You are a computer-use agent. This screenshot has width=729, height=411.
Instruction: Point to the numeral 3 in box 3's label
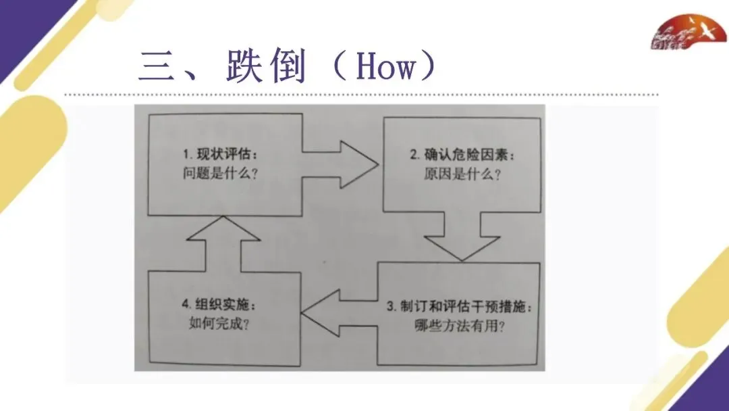[x=390, y=306]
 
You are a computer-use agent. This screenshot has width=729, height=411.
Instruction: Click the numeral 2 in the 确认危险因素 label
[x=414, y=155]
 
